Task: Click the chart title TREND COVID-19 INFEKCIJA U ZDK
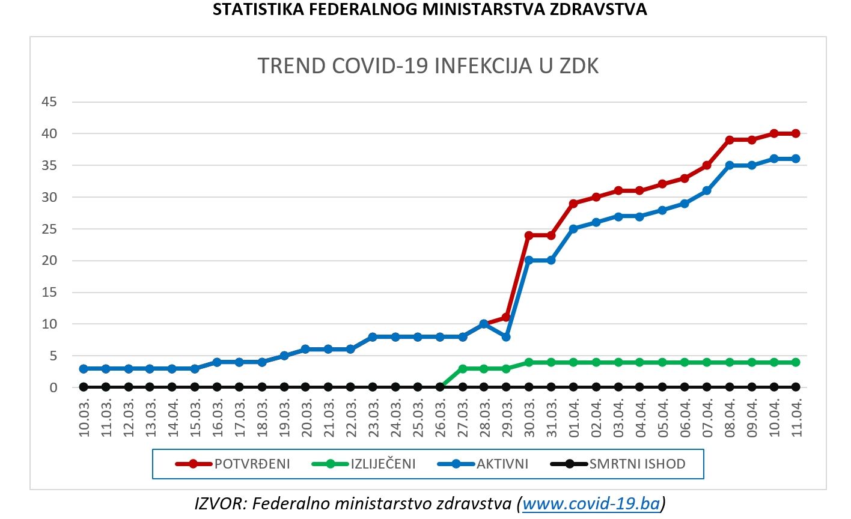pos(428,65)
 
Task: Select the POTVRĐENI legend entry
pos(233,464)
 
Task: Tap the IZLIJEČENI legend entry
pos(364,464)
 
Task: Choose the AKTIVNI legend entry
pos(483,464)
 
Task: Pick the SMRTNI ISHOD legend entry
pos(618,464)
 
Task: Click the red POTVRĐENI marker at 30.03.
pos(529,235)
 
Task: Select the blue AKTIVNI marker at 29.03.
pos(506,337)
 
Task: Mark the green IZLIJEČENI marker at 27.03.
pos(463,369)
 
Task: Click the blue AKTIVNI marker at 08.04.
pos(730,165)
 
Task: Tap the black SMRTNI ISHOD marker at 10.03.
pos(84,387)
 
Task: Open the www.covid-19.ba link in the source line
pos(591,503)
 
